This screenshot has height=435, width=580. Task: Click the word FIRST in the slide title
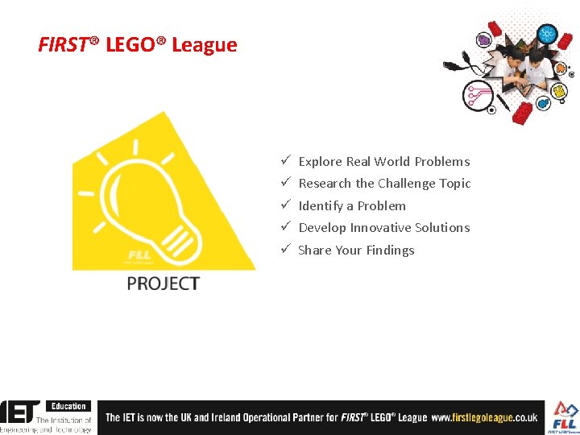(62, 45)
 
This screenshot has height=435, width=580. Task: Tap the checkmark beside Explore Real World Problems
(286, 161)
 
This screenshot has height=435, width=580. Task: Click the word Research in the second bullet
(325, 184)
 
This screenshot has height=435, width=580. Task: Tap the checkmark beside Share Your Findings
(286, 250)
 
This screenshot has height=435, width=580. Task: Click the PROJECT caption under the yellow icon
(163, 284)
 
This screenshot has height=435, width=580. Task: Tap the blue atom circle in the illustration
(547, 35)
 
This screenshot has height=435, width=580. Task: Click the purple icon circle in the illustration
(483, 39)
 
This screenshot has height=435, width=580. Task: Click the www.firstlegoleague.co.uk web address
(484, 418)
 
